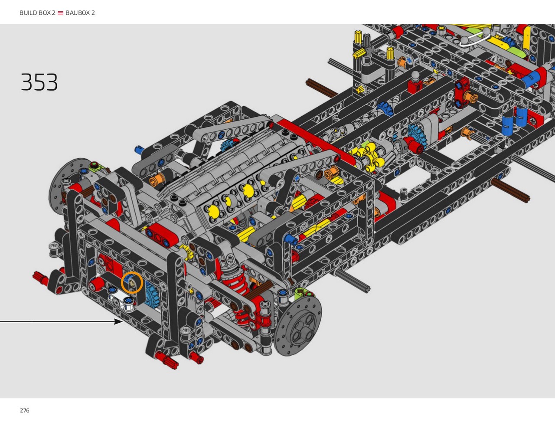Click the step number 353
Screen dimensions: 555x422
pyautogui.click(x=39, y=82)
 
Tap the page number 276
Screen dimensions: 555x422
pyautogui.click(x=25, y=410)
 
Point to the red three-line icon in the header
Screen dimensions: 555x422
pyautogui.click(x=60, y=13)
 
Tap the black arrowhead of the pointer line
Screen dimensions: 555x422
pyautogui.click(x=118, y=322)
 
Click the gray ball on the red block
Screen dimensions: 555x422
pyautogui.click(x=415, y=75)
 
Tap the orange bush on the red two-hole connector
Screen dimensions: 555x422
pyautogui.click(x=471, y=97)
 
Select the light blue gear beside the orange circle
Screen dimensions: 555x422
pyautogui.click(x=151, y=296)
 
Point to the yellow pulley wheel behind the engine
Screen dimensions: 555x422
pyautogui.click(x=367, y=154)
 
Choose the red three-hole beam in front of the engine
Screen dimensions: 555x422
pyautogui.click(x=162, y=235)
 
